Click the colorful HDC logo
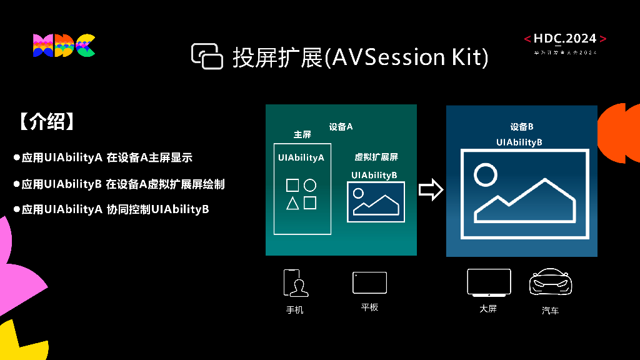[64, 46]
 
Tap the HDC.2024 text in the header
[565, 39]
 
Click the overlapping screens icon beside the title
[207, 56]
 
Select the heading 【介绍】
[47, 122]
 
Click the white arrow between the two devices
[431, 190]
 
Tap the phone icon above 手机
[296, 282]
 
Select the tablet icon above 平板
[369, 282]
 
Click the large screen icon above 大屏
[489, 282]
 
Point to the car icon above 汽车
[551, 283]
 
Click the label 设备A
[341, 127]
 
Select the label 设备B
[521, 127]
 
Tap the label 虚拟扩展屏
[376, 157]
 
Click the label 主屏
[302, 135]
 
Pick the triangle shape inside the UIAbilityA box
[292, 203]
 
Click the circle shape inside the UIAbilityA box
[310, 185]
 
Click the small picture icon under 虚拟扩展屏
[376, 201]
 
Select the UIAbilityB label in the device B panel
[519, 142]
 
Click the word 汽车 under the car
[550, 310]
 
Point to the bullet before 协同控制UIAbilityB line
[17, 209]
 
